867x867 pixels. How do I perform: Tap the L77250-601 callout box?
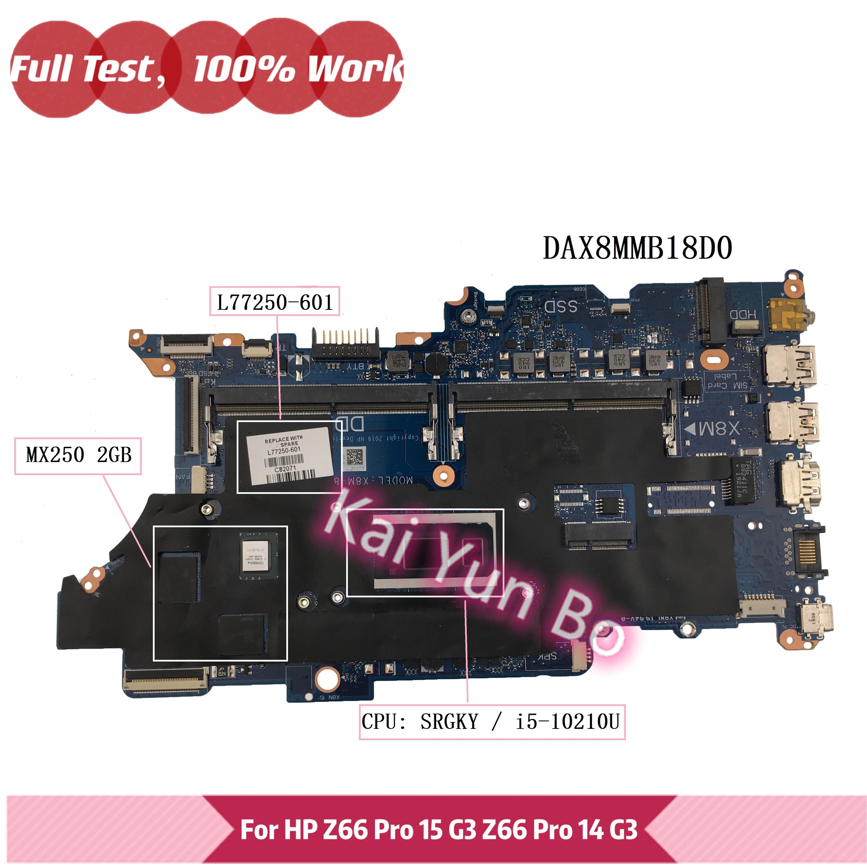(275, 301)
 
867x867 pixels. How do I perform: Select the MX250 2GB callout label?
(78, 455)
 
